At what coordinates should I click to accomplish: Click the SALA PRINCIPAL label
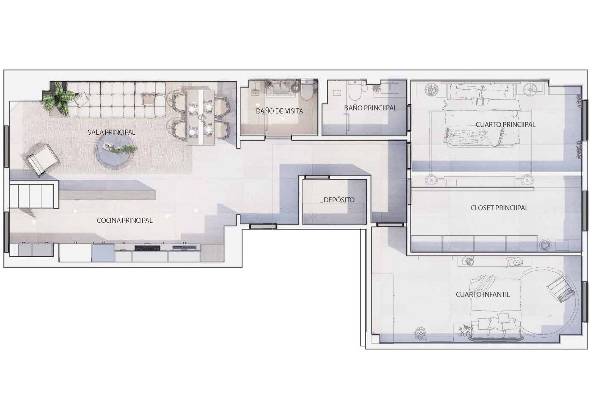click(x=111, y=132)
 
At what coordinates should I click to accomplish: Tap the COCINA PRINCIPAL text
click(x=125, y=220)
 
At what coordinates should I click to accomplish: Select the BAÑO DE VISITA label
click(x=279, y=111)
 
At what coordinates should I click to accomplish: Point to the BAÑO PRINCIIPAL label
click(x=370, y=108)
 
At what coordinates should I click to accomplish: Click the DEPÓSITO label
click(x=339, y=200)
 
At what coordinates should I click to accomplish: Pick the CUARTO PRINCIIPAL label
click(x=506, y=124)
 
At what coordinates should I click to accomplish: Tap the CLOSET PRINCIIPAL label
click(x=499, y=208)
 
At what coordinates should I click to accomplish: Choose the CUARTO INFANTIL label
click(x=483, y=295)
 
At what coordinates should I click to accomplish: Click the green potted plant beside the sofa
click(x=60, y=99)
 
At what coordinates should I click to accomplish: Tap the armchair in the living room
click(x=43, y=159)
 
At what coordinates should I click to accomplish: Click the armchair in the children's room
click(x=560, y=289)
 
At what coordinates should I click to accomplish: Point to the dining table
click(x=200, y=117)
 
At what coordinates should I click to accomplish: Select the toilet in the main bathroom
click(x=355, y=90)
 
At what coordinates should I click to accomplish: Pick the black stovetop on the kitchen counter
click(x=147, y=248)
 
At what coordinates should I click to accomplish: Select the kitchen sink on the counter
click(x=185, y=247)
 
